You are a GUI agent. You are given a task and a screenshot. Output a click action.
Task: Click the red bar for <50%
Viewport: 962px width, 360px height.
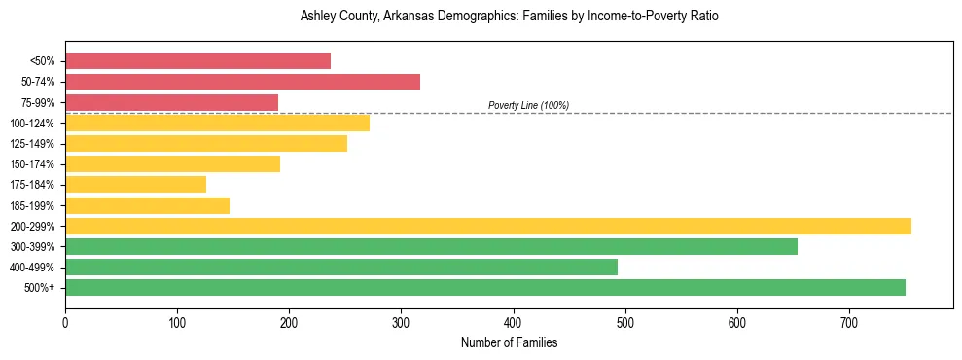click(197, 61)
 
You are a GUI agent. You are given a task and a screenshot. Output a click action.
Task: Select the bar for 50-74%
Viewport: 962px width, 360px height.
click(242, 82)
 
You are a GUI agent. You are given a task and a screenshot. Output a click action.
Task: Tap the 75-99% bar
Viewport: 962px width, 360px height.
click(171, 102)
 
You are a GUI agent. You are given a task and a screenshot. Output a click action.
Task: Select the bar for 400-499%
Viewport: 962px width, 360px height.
click(340, 267)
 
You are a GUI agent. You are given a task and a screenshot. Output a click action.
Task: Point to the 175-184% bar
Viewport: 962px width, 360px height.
click(135, 184)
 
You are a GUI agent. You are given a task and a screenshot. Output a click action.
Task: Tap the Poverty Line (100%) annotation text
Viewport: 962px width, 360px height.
click(528, 105)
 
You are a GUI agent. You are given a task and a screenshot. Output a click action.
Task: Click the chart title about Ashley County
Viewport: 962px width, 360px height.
click(509, 17)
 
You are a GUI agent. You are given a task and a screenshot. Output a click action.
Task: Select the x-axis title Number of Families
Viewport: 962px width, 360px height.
click(509, 342)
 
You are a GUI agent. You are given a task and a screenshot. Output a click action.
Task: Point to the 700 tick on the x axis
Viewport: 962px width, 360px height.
click(849, 322)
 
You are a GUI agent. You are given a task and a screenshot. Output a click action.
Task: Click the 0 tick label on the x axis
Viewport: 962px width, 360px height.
click(65, 322)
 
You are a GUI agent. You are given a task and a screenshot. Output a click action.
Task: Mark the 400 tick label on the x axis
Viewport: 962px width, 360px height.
click(514, 322)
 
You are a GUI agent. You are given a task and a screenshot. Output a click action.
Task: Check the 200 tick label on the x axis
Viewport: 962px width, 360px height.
click(289, 322)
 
